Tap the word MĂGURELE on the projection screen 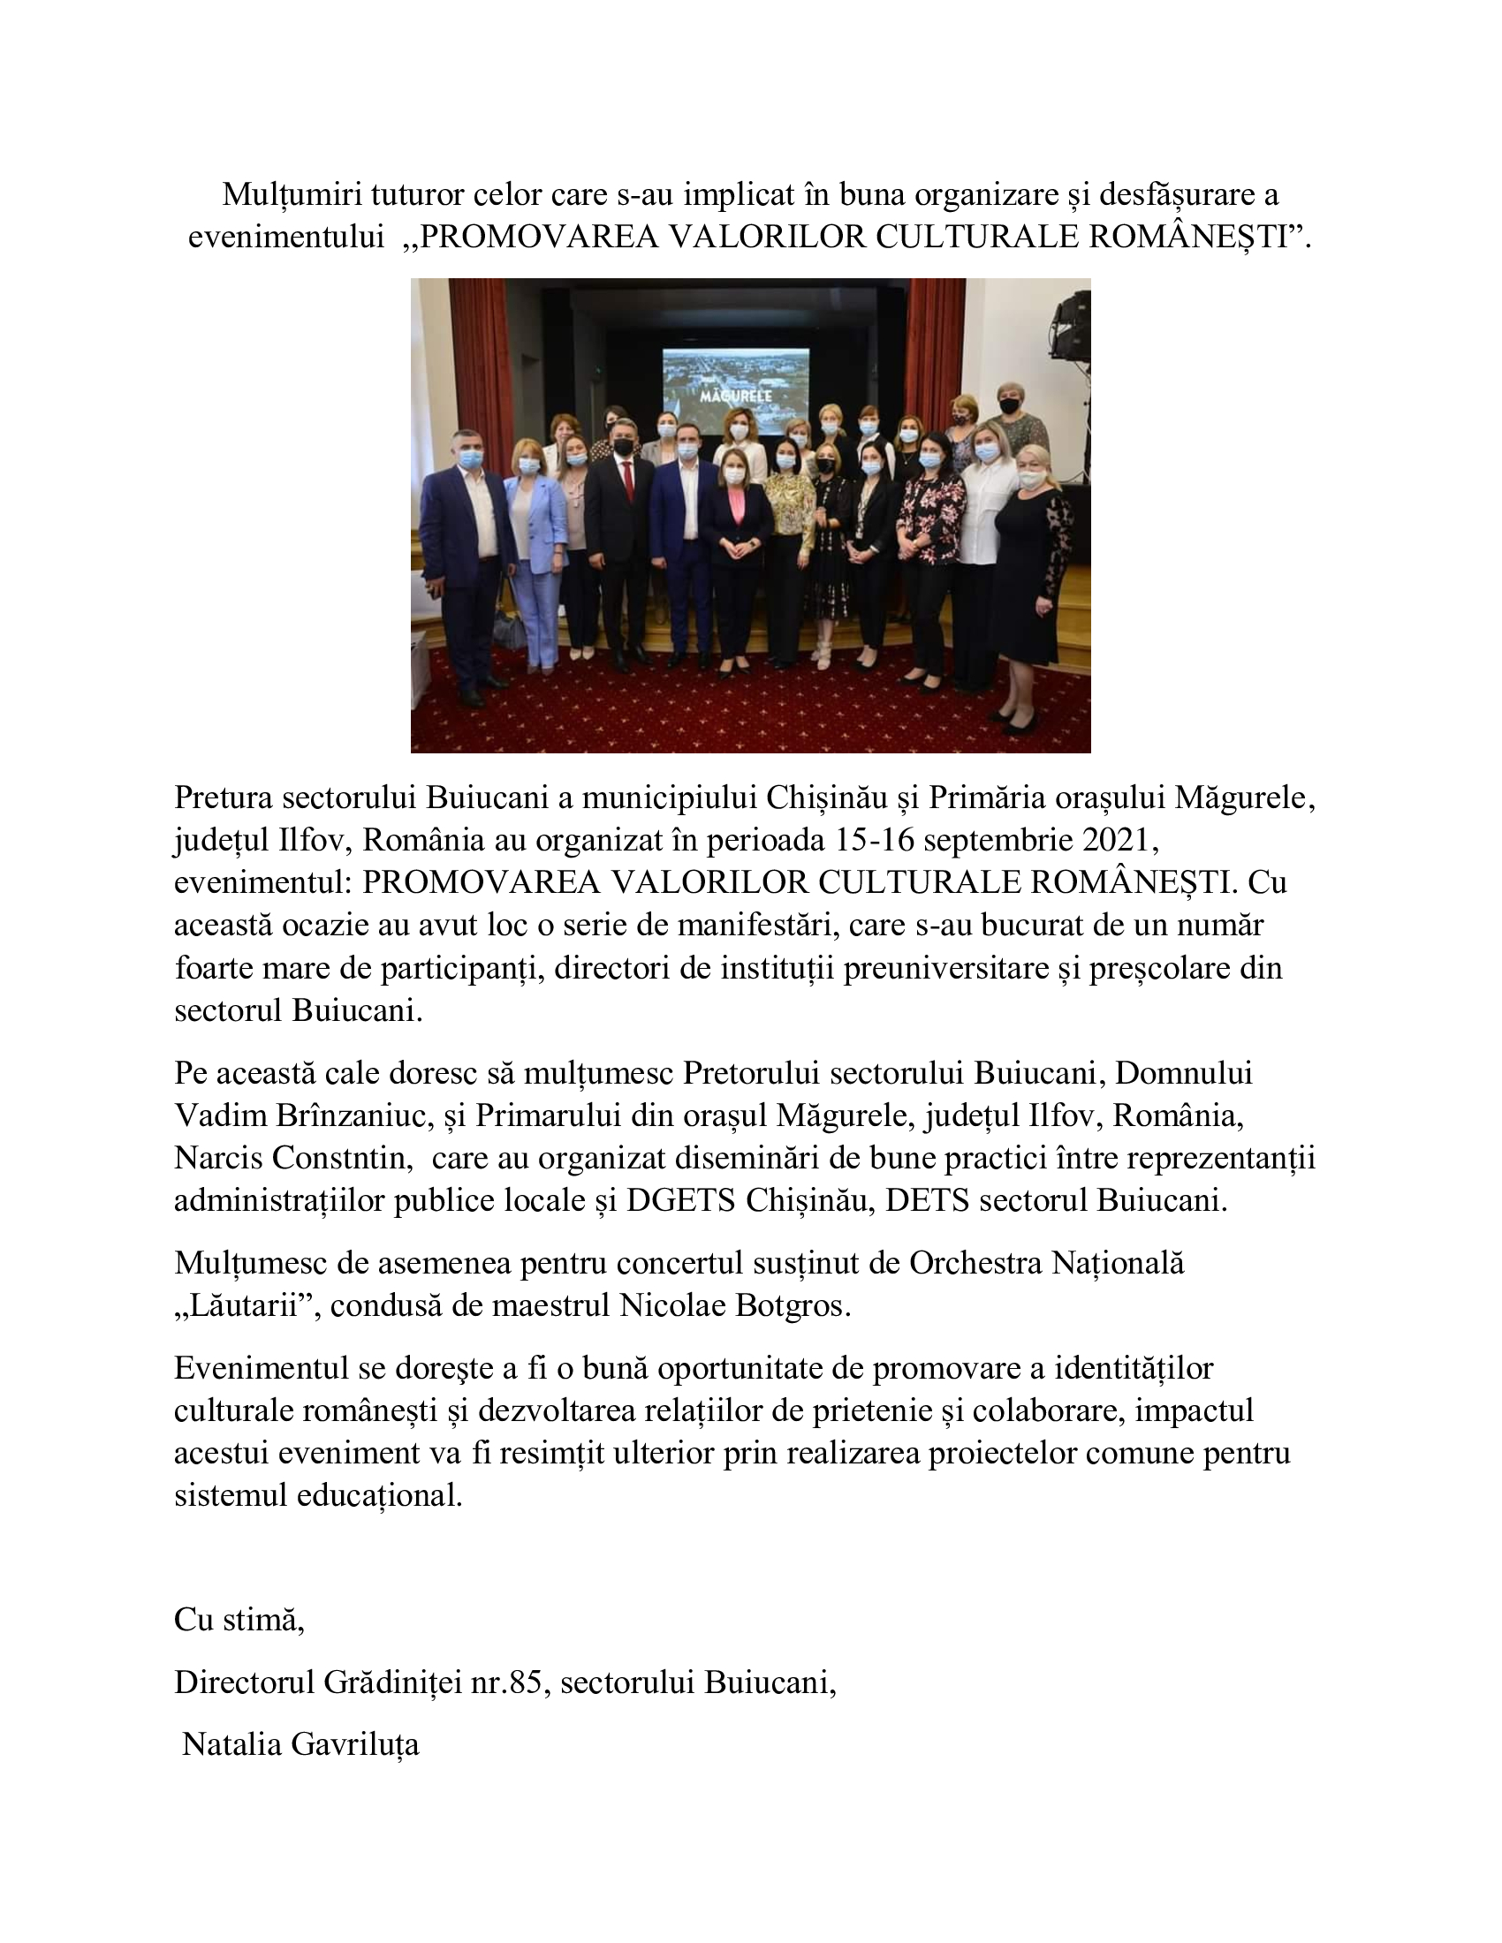pos(735,393)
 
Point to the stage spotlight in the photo pos(1070,329)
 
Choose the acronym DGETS pos(680,1201)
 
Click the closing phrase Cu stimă pos(239,1619)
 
